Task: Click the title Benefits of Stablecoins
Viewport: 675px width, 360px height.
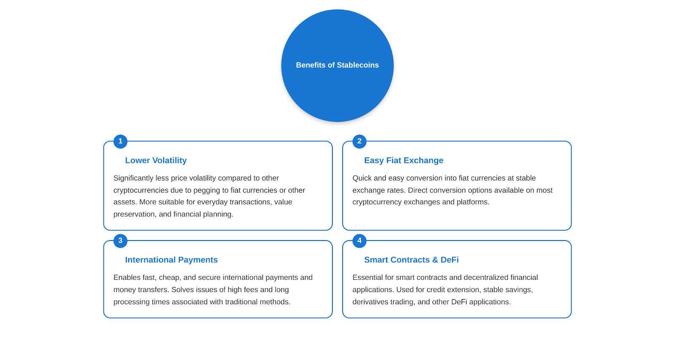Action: [x=337, y=65]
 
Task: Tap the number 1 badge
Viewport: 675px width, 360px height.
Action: [x=120, y=141]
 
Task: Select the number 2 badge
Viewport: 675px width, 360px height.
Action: [x=359, y=141]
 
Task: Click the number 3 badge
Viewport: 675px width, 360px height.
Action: [x=120, y=241]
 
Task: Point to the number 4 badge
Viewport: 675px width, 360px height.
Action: [x=359, y=241]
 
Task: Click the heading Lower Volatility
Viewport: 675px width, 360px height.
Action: [x=156, y=160]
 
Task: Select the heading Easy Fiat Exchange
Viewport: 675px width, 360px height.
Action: [x=404, y=160]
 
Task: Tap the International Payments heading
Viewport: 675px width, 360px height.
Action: [x=171, y=260]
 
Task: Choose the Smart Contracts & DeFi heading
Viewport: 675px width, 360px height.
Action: [x=411, y=260]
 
